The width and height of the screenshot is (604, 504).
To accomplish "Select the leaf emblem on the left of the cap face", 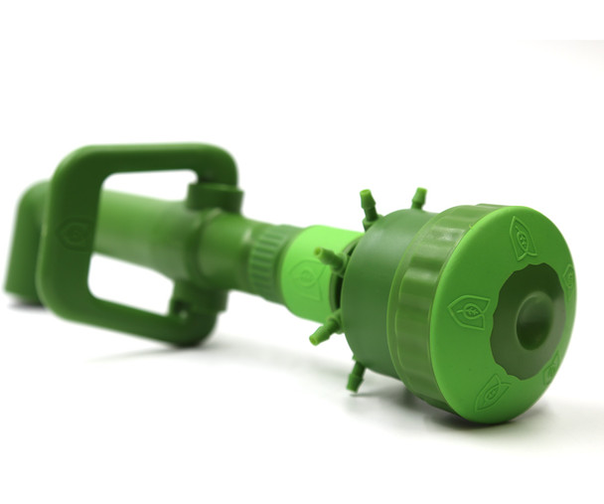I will coord(468,312).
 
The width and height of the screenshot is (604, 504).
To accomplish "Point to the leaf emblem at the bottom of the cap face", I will coord(492,393).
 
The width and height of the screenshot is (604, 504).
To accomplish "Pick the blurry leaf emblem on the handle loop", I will coord(75,235).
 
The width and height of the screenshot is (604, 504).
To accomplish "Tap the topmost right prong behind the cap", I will coord(418,198).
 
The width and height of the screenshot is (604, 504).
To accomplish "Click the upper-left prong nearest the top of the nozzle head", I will coord(370,205).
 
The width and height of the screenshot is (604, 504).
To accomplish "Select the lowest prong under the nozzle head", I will coord(355,376).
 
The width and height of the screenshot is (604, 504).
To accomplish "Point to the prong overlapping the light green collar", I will coord(330,259).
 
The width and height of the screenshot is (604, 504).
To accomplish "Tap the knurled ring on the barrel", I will coord(262,261).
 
